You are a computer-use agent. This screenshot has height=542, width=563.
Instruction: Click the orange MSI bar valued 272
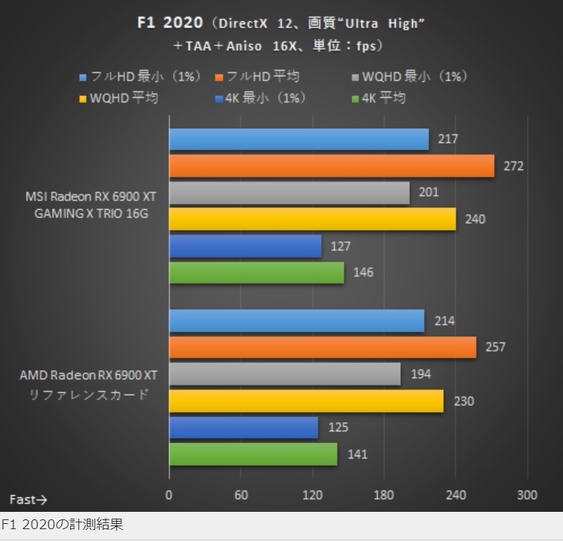pos(332,166)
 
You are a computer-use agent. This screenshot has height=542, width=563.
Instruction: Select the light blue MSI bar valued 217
pos(299,139)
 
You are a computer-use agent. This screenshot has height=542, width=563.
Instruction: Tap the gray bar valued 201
pos(289,192)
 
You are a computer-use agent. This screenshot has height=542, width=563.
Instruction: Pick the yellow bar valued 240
pos(313,219)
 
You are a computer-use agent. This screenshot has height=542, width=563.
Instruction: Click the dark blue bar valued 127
pos(246,246)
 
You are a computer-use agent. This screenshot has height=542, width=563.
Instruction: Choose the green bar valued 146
pos(257,272)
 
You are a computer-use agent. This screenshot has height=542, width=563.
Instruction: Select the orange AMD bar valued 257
pos(323,347)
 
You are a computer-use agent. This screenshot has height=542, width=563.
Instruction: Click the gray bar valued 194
pos(285,374)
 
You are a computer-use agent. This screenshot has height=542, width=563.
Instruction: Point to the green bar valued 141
pos(253,454)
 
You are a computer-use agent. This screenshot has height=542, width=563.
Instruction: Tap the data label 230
pos(464,401)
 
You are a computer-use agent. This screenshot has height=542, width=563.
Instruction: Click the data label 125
pos(339,427)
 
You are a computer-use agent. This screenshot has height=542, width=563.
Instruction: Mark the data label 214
pos(445,320)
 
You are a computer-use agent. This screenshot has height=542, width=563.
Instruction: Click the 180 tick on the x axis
pos(384,495)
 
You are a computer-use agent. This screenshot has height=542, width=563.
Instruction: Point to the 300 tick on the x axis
pos(527,495)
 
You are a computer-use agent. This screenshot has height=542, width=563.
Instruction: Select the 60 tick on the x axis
pos(240,495)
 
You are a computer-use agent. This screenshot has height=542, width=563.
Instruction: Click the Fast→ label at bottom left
pos(29,499)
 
